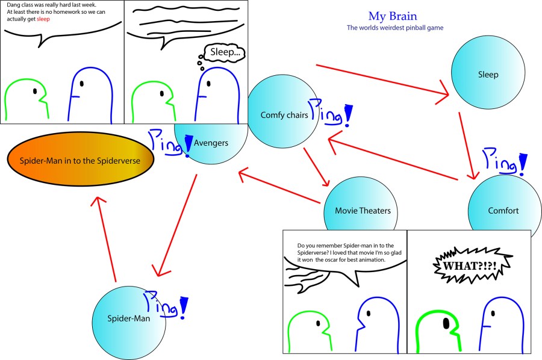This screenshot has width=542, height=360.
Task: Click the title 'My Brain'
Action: (x=392, y=16)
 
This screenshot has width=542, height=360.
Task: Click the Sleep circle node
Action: (x=488, y=75)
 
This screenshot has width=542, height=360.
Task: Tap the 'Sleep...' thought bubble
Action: (x=224, y=54)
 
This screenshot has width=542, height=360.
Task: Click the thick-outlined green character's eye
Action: (x=446, y=324)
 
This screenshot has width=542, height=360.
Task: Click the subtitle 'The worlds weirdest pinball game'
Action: (x=394, y=28)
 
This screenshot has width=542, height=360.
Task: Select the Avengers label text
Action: (x=211, y=143)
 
